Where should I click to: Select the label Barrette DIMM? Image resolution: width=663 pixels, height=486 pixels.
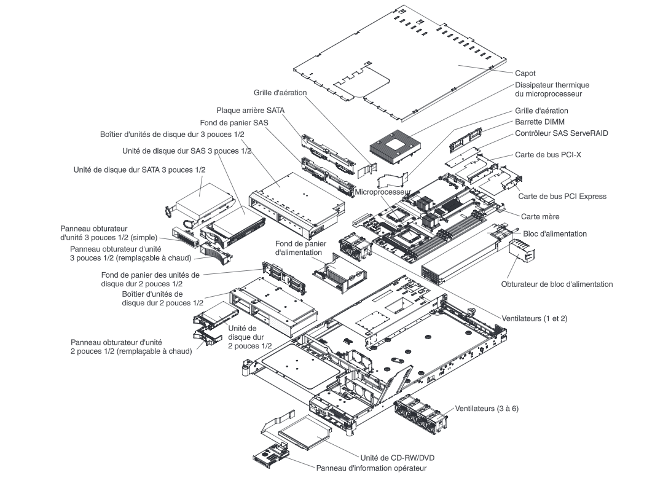[537, 122]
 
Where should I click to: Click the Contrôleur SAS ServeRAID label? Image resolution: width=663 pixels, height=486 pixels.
[560, 133]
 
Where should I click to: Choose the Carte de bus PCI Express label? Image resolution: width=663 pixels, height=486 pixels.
[562, 197]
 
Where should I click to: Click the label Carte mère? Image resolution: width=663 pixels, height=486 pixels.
[540, 216]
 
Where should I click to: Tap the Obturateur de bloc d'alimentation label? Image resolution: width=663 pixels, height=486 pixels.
[557, 284]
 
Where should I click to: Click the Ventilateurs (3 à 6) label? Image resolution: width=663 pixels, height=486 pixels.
[487, 408]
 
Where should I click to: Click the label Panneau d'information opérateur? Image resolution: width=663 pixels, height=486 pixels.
[371, 468]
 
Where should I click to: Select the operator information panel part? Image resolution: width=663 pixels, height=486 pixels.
[270, 457]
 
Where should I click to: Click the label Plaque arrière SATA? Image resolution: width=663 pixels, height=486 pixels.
[250, 111]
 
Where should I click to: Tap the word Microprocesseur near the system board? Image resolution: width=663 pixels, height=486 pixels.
[382, 192]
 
